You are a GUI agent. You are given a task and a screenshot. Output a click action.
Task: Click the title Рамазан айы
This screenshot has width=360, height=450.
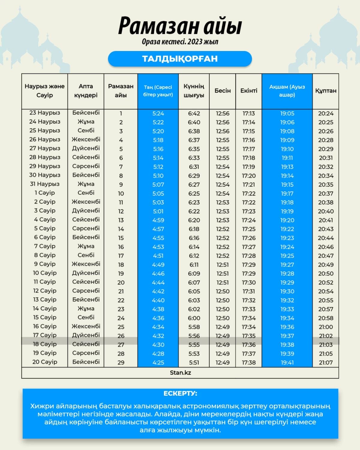pos(180,26)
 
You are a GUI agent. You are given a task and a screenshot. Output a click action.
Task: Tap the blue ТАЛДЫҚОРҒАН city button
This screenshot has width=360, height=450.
pos(180,58)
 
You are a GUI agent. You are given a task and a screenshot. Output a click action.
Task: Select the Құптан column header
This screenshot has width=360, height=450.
pos(325,91)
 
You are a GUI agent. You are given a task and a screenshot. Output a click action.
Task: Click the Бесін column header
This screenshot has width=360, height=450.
pos(223,91)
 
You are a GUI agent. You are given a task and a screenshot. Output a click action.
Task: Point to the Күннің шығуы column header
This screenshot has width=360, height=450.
pos(194,91)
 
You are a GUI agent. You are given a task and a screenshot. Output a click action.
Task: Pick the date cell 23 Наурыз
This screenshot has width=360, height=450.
pos(45,113)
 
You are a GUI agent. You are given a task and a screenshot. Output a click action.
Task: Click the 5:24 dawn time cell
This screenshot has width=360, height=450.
pos(158,113)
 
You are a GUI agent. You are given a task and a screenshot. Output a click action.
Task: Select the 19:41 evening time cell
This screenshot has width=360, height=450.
pos(287,362)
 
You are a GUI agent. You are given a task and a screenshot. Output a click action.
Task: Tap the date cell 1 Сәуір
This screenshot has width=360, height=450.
pos(45,193)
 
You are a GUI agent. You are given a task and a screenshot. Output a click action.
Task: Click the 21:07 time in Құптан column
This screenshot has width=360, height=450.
pos(326,362)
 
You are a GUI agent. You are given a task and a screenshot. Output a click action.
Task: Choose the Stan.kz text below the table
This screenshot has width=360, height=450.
pos(180,373)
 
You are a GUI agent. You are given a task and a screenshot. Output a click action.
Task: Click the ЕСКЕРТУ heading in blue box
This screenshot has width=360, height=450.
pos(180,393)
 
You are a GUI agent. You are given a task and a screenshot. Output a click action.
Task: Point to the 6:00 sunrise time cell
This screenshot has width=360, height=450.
pos(194,318)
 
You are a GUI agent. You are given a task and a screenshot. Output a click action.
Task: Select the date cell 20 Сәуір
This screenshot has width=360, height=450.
pos(45,362)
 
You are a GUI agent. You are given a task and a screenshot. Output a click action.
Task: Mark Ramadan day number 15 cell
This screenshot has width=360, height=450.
pos(121,238)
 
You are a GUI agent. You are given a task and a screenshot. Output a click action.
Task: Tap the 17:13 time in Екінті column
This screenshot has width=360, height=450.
pos(249,113)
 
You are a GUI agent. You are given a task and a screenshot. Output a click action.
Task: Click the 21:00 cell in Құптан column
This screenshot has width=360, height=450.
pos(326,327)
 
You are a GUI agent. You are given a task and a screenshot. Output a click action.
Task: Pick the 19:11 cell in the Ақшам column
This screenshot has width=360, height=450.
pos(287,158)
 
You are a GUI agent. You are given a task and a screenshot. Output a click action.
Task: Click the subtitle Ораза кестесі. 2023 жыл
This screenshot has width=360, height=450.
pos(180,42)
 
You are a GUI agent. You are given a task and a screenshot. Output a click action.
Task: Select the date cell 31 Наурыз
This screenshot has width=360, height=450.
pos(45,184)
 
